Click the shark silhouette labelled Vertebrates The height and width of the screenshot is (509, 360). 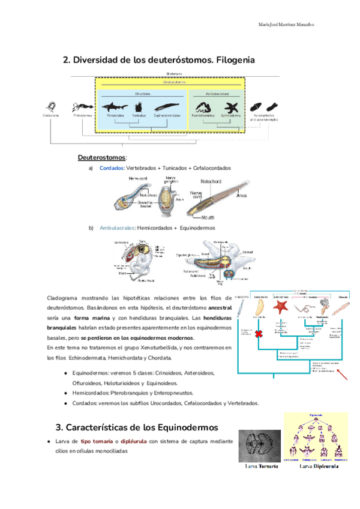point(116,104)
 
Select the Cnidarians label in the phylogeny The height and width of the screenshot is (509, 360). point(51,115)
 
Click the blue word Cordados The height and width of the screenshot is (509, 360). point(111,169)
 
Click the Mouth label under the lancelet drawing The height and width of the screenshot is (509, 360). point(208,217)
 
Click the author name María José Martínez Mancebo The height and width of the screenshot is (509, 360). point(286,25)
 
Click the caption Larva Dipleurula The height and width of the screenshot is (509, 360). point(317,466)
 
